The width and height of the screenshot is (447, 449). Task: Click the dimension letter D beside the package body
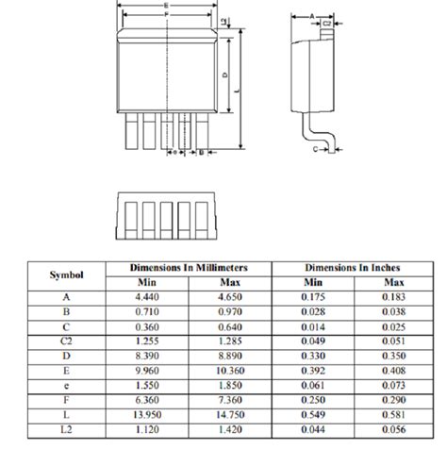(224, 74)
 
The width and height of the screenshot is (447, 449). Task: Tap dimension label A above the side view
(312, 16)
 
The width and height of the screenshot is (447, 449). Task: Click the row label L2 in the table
(66, 430)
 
